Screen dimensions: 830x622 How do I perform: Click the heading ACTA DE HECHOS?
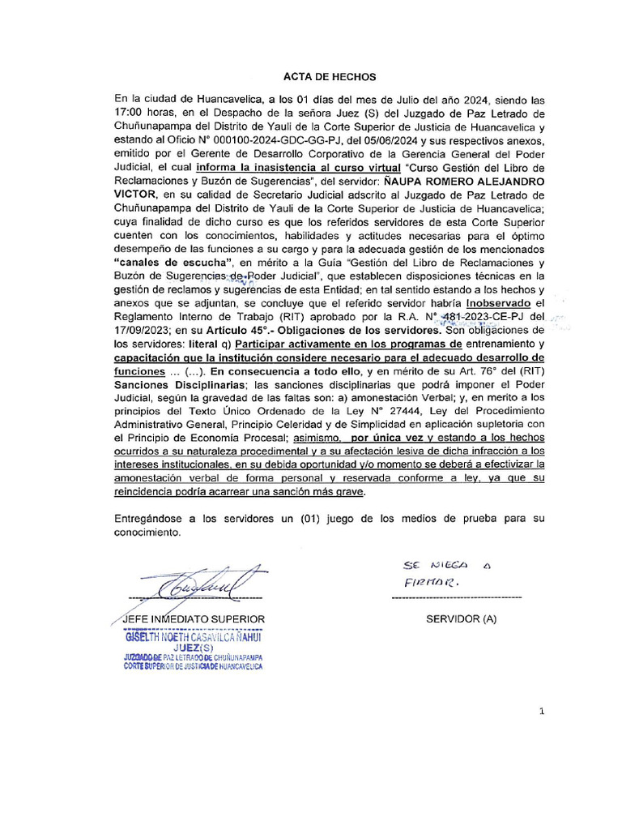(x=329, y=77)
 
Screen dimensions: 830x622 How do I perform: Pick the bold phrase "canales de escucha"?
(x=175, y=262)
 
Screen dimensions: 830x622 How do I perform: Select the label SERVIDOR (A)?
(x=462, y=619)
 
